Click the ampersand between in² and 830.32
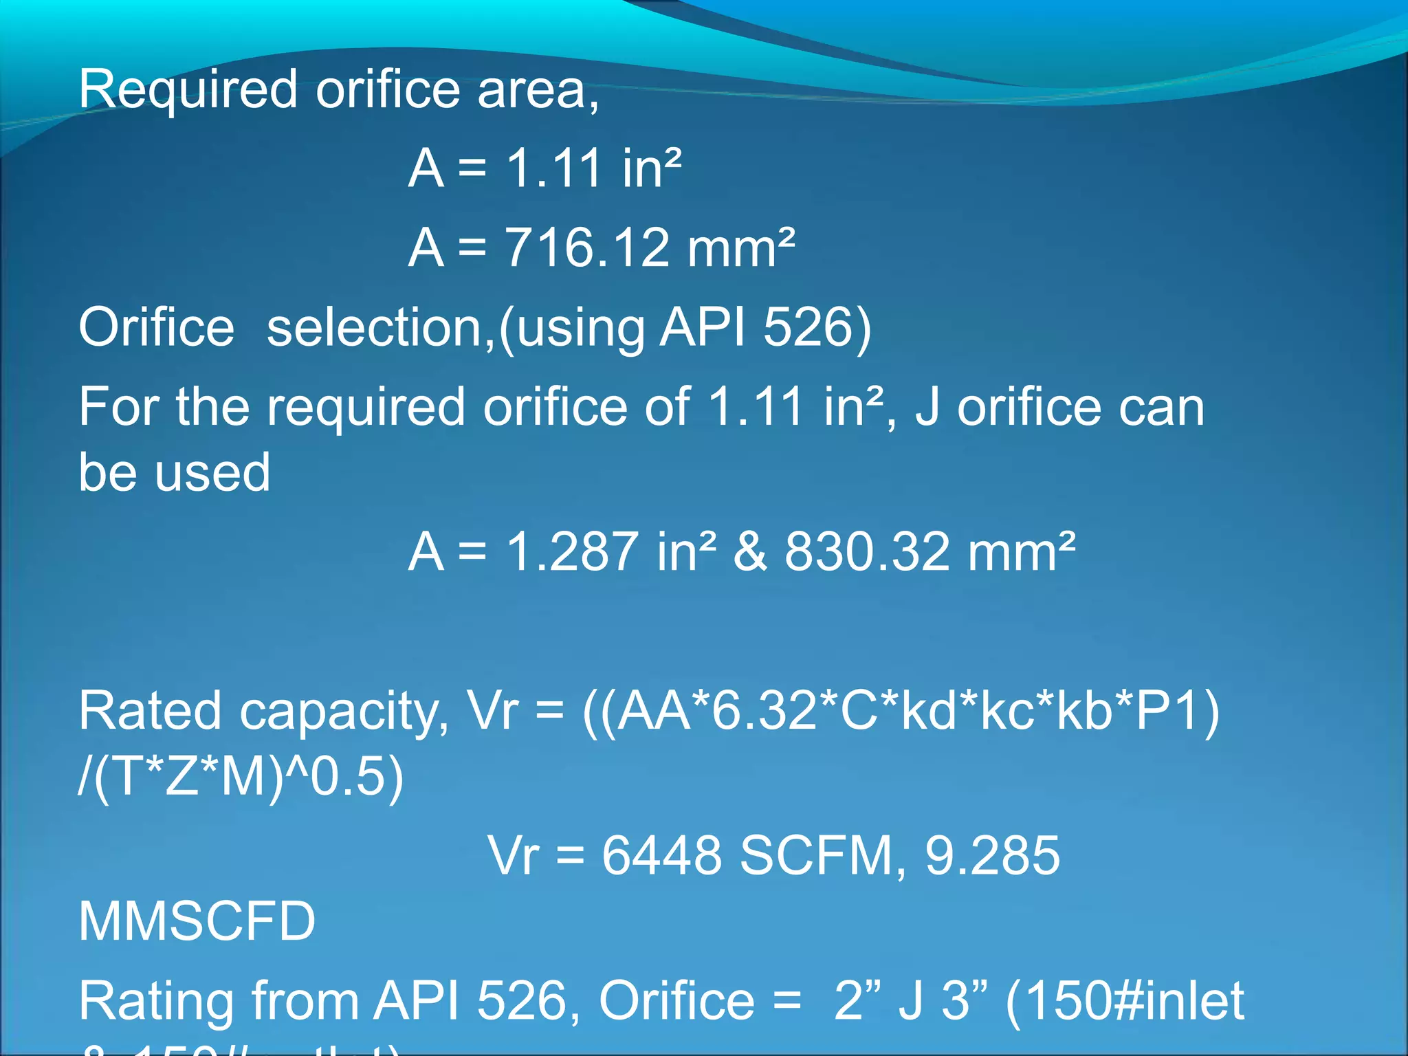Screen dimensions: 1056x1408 pos(750,552)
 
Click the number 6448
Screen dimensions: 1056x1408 pos(661,856)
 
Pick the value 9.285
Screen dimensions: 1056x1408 pos(992,856)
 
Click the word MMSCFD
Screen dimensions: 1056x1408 pos(197,922)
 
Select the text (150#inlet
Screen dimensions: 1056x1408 pos(1125,1001)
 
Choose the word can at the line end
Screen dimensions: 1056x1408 pos(1161,408)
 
